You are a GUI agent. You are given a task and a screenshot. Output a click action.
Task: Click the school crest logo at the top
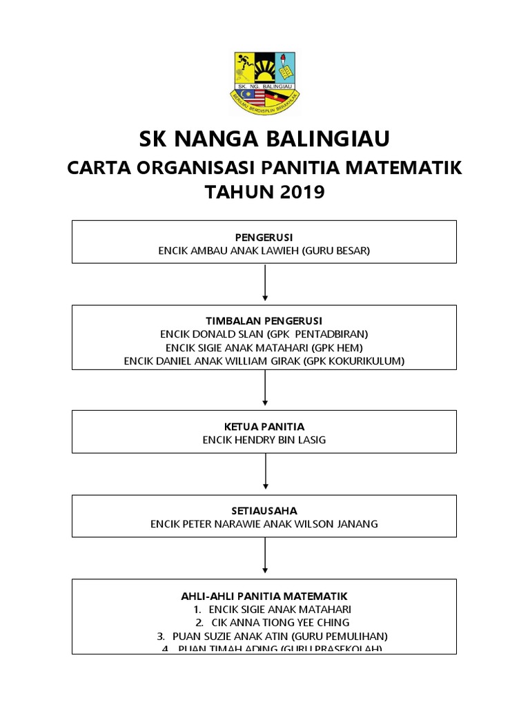coord(265,82)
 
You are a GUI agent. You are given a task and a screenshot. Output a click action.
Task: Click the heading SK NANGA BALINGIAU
coord(264,139)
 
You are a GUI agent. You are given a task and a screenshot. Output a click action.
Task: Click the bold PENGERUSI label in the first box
coord(264,238)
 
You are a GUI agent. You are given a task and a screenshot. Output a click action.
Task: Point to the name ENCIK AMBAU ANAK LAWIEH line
coord(264,251)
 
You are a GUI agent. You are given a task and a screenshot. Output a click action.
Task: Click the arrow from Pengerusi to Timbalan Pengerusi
coord(265,283)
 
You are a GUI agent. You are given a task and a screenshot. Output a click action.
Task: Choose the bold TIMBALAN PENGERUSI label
coord(264,322)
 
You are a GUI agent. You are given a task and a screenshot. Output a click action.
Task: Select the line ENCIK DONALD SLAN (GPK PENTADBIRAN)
coord(264,335)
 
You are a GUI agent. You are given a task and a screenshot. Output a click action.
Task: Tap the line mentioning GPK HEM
coord(264,347)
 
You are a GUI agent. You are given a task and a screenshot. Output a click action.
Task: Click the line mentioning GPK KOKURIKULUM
coord(264,360)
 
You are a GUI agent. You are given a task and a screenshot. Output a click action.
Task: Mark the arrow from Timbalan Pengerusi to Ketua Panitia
coord(265,391)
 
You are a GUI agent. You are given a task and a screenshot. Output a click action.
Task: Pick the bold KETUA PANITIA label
coord(264,427)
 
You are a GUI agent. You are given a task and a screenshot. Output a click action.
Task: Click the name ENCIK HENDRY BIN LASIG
coord(264,440)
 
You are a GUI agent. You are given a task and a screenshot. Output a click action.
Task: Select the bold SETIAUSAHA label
coord(264,511)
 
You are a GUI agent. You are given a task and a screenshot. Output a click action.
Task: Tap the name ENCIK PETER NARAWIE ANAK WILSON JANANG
coord(264,524)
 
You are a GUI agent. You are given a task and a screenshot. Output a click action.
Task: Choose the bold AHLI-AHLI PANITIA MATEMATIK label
coord(264,596)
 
